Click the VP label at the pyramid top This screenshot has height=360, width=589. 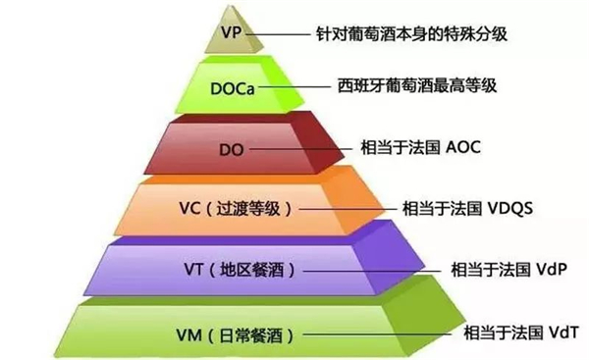tap(232, 32)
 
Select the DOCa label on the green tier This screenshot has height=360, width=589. tap(232, 88)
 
